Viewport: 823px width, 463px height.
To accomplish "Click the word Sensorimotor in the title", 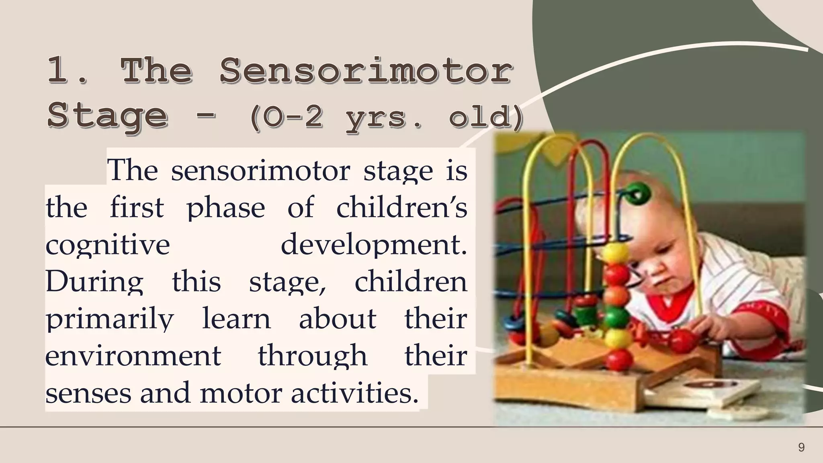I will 366,71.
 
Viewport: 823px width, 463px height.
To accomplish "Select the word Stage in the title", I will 107,116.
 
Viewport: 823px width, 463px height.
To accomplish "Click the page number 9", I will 801,447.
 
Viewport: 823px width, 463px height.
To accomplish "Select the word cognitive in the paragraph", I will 108,245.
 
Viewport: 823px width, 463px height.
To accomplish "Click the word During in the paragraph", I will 94,282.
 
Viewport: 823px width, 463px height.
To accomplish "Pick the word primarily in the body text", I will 110,320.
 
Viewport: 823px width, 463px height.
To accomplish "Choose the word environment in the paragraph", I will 133,356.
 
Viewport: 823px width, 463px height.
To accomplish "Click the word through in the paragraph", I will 312,356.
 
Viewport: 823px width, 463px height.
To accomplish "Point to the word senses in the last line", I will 88,393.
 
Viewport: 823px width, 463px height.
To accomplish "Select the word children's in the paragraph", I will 401,208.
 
